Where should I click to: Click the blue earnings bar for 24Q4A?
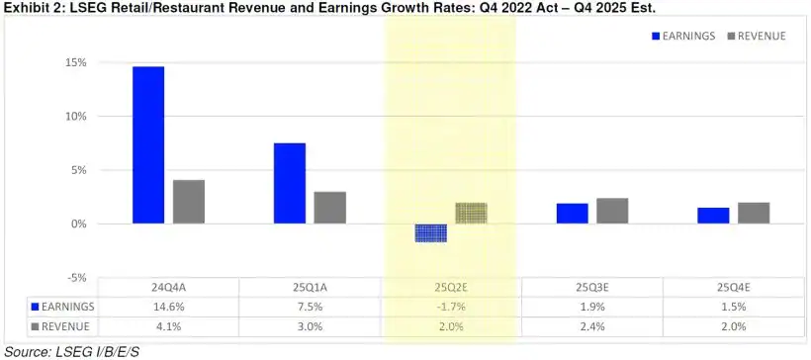(148, 144)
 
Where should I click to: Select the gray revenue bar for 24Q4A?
(189, 202)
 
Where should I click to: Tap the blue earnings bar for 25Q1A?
(290, 183)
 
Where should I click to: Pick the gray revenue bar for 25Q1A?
(329, 208)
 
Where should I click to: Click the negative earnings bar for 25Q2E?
(430, 233)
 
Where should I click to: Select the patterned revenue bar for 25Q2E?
(472, 213)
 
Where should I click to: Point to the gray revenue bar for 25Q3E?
(612, 211)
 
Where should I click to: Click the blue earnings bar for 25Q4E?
(712, 216)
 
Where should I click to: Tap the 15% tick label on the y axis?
(76, 62)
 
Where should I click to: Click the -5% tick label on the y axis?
(76, 278)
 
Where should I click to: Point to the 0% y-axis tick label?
(79, 225)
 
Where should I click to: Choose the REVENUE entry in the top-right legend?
(757, 36)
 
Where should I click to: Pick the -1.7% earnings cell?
(450, 307)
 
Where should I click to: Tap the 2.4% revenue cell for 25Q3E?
(591, 325)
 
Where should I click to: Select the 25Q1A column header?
(310, 288)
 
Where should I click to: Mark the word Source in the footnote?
(25, 351)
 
